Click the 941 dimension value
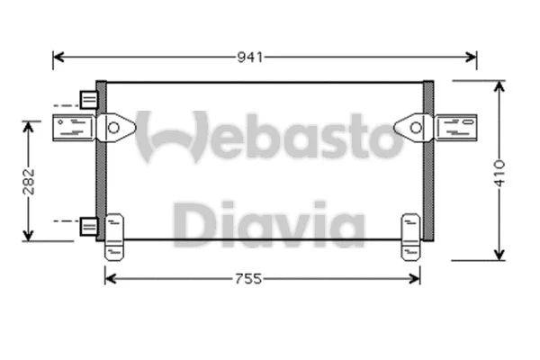pyautogui.click(x=250, y=58)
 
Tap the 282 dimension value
pyautogui.click(x=29, y=180)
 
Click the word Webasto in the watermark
pyautogui.click(x=267, y=135)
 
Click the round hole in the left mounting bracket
pyautogui.click(x=113, y=128)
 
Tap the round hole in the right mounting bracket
pyautogui.click(x=415, y=128)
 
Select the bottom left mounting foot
pyautogui.click(x=114, y=237)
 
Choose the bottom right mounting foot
pyautogui.click(x=411, y=237)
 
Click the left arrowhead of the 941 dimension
pyautogui.click(x=58, y=58)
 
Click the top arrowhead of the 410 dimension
pyautogui.click(x=499, y=85)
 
